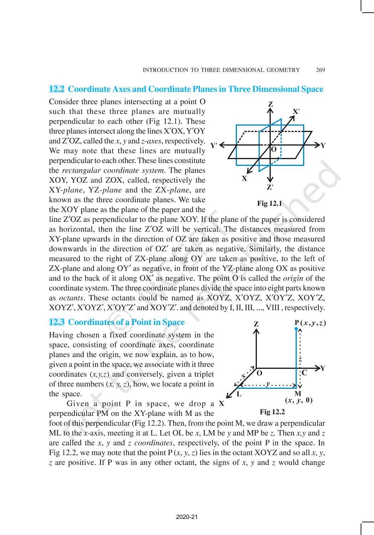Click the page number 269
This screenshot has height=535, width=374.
point(320,70)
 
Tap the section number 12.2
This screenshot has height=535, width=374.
point(57,89)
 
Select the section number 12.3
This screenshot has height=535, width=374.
point(57,322)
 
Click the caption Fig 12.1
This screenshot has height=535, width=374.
point(269,203)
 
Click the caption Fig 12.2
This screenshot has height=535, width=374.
point(272,412)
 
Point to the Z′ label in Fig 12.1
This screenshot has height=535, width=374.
point(270,188)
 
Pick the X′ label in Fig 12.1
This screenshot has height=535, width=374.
point(296,111)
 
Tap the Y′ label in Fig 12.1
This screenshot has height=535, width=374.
point(214,145)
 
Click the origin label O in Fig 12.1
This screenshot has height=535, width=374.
point(274,149)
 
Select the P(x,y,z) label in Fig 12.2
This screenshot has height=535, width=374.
point(310,323)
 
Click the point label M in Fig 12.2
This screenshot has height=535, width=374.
point(298,394)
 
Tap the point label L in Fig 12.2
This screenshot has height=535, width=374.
point(239,394)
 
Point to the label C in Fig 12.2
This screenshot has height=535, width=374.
point(305,373)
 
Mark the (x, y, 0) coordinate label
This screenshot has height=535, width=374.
point(299,400)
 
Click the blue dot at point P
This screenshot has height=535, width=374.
point(296,329)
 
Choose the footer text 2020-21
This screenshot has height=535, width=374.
point(187,517)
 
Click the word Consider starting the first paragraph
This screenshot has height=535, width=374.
point(63,102)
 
